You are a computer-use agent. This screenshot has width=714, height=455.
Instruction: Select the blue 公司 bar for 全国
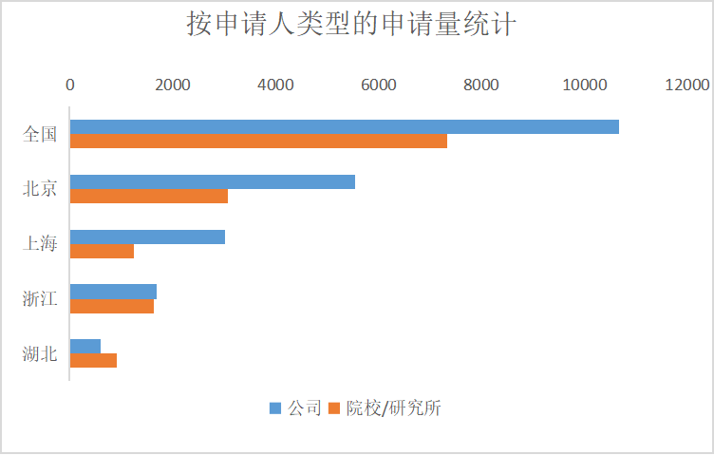pyautogui.click(x=344, y=127)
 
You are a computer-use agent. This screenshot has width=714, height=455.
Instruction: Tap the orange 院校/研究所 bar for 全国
pyautogui.click(x=258, y=142)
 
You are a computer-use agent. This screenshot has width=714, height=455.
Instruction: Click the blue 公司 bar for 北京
pyautogui.click(x=212, y=181)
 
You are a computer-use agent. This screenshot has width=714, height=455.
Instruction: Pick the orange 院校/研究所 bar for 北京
pyautogui.click(x=149, y=197)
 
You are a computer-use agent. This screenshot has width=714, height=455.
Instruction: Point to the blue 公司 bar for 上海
pyautogui.click(x=147, y=237)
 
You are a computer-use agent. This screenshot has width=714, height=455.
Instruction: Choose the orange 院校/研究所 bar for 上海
pyautogui.click(x=102, y=252)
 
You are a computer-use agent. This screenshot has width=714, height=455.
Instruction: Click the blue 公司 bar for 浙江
pyautogui.click(x=113, y=292)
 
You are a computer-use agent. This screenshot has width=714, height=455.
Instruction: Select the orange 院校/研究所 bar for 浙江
pyautogui.click(x=112, y=306)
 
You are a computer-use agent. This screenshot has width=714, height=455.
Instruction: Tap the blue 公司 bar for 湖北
pyautogui.click(x=85, y=346)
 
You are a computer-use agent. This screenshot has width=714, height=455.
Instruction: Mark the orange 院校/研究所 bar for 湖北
pyautogui.click(x=93, y=361)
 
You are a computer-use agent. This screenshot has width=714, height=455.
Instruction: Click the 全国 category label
pyautogui.click(x=40, y=134)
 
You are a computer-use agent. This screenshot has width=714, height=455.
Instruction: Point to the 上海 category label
pyautogui.click(x=40, y=244)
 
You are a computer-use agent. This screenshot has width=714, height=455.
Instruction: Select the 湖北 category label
pyautogui.click(x=40, y=354)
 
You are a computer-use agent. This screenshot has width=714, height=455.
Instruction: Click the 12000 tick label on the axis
pyautogui.click(x=686, y=85)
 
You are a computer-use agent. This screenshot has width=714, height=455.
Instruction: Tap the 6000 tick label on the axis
pyautogui.click(x=378, y=85)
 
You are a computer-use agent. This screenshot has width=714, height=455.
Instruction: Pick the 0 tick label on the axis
pyautogui.click(x=70, y=85)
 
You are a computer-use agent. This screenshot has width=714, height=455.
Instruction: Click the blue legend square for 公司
pyautogui.click(x=275, y=408)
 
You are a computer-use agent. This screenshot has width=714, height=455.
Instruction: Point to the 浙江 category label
pyautogui.click(x=40, y=299)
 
